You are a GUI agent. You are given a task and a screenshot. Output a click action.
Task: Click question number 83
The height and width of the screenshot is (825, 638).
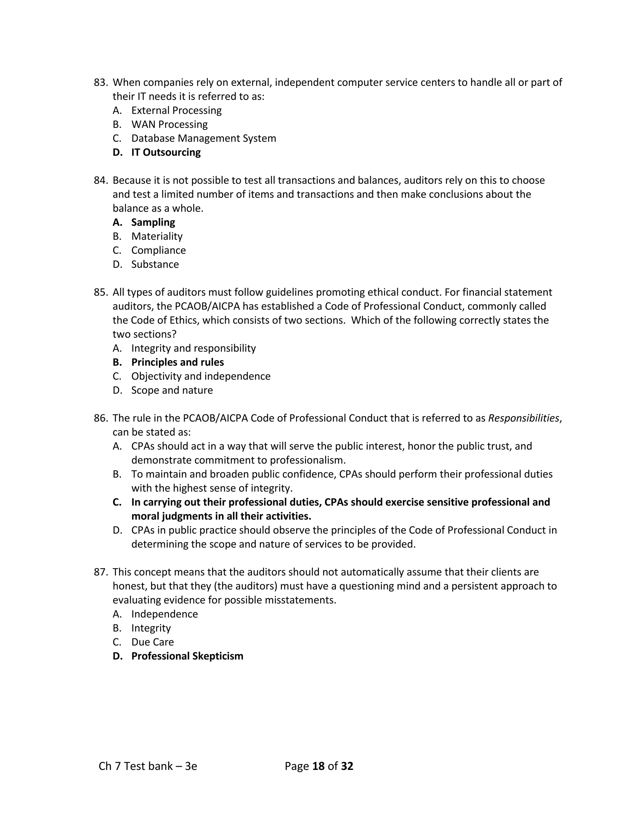pos(101,82)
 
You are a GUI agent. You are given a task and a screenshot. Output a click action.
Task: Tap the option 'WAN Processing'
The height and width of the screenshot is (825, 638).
pos(169,124)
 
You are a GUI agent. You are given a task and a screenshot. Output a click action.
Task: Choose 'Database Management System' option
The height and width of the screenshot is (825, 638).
pos(203,138)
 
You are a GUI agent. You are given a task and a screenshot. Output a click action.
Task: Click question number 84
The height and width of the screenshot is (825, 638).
pos(101,180)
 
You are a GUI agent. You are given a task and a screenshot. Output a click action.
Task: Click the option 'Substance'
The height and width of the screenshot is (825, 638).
pos(155,264)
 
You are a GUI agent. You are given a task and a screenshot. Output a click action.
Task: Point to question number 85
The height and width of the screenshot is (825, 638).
pos(101,292)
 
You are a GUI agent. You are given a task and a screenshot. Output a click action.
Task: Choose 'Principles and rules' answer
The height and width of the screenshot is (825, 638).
pos(177,362)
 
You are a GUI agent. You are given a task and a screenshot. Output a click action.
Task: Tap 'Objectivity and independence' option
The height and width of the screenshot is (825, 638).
pos(201,376)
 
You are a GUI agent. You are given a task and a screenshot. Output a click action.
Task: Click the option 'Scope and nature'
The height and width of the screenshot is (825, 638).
pos(172,390)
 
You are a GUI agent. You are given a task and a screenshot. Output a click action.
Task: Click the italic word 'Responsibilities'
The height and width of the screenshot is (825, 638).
pos(523,418)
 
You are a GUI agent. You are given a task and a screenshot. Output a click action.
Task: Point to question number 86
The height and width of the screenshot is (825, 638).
pos(101,418)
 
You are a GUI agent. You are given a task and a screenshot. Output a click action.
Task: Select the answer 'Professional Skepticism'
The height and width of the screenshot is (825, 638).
pos(187,656)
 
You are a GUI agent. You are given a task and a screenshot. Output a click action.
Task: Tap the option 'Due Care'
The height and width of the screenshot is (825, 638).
pos(152,642)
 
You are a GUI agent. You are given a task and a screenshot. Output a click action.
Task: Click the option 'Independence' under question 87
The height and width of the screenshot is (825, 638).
pos(164,614)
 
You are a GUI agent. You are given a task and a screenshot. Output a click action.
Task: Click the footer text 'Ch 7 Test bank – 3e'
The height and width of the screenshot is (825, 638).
pos(148,766)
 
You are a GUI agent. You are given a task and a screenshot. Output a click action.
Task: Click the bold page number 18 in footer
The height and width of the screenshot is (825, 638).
pos(319,766)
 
